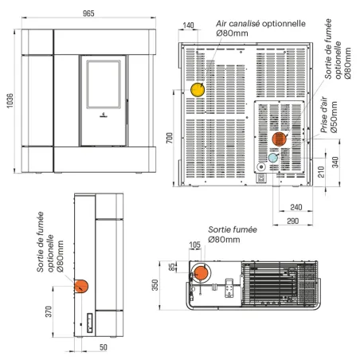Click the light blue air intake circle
[x=273, y=158]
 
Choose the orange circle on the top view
[x=202, y=273]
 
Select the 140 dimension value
[x=189, y=26]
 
